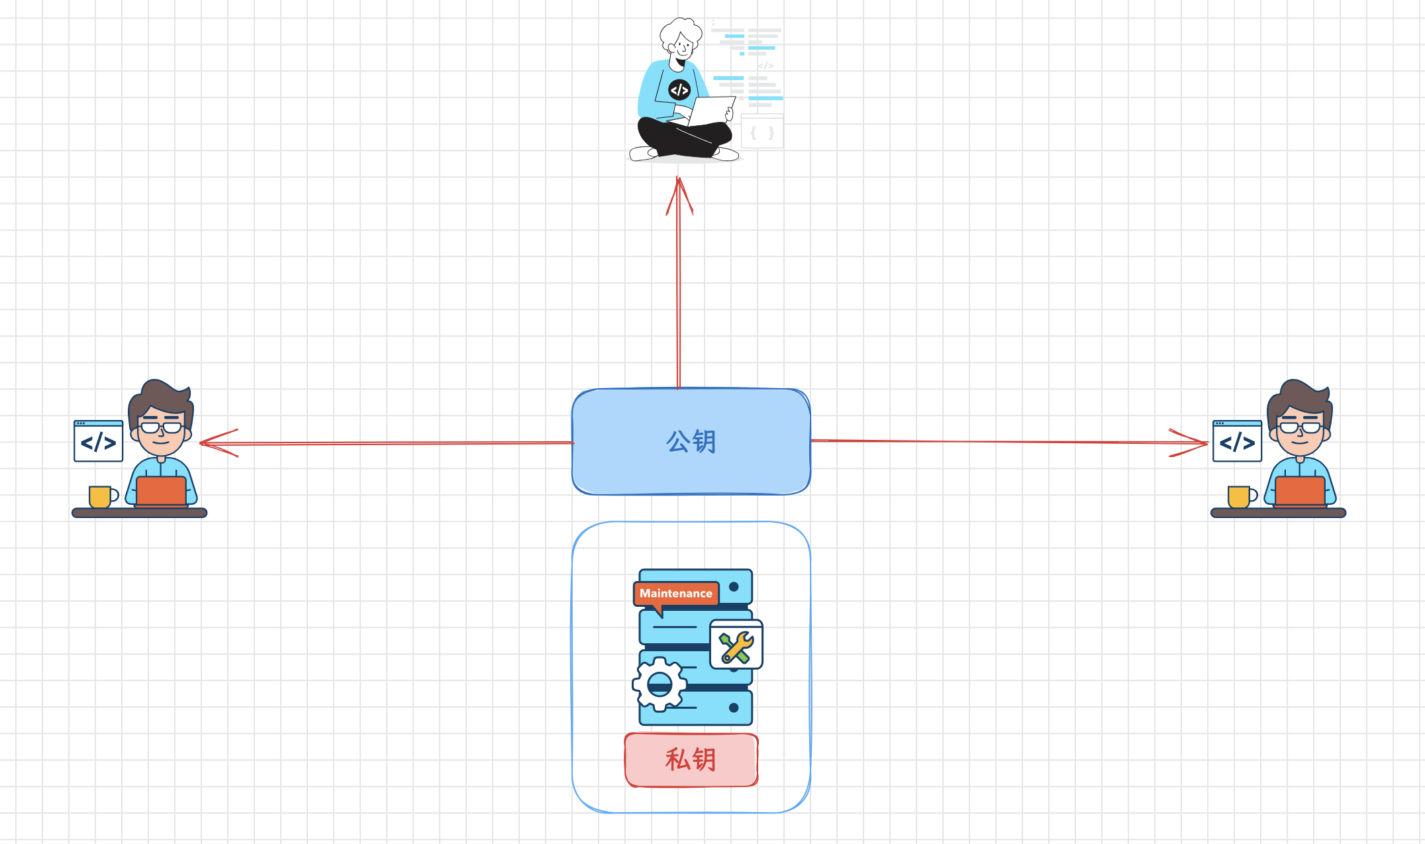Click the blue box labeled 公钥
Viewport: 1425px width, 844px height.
coord(691,441)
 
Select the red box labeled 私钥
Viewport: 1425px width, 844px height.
coord(691,759)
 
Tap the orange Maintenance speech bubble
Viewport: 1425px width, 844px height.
coord(676,594)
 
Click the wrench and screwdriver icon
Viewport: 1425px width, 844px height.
coord(736,646)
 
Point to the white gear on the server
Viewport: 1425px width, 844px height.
coord(659,684)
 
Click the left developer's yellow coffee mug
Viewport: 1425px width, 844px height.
coord(101,496)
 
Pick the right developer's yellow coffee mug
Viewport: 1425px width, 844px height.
coord(1240,496)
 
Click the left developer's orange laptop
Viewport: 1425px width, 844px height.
coord(161,491)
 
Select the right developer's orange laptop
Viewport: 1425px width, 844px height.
coord(1300,491)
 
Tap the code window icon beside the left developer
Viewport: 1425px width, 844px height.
coord(99,441)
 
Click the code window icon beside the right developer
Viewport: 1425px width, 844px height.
coord(1237,441)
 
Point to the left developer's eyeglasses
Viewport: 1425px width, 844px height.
coord(161,427)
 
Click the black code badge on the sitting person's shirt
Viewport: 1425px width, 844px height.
coord(679,89)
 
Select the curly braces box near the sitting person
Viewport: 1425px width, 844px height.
coord(762,132)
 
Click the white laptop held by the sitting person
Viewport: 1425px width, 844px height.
coord(711,110)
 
